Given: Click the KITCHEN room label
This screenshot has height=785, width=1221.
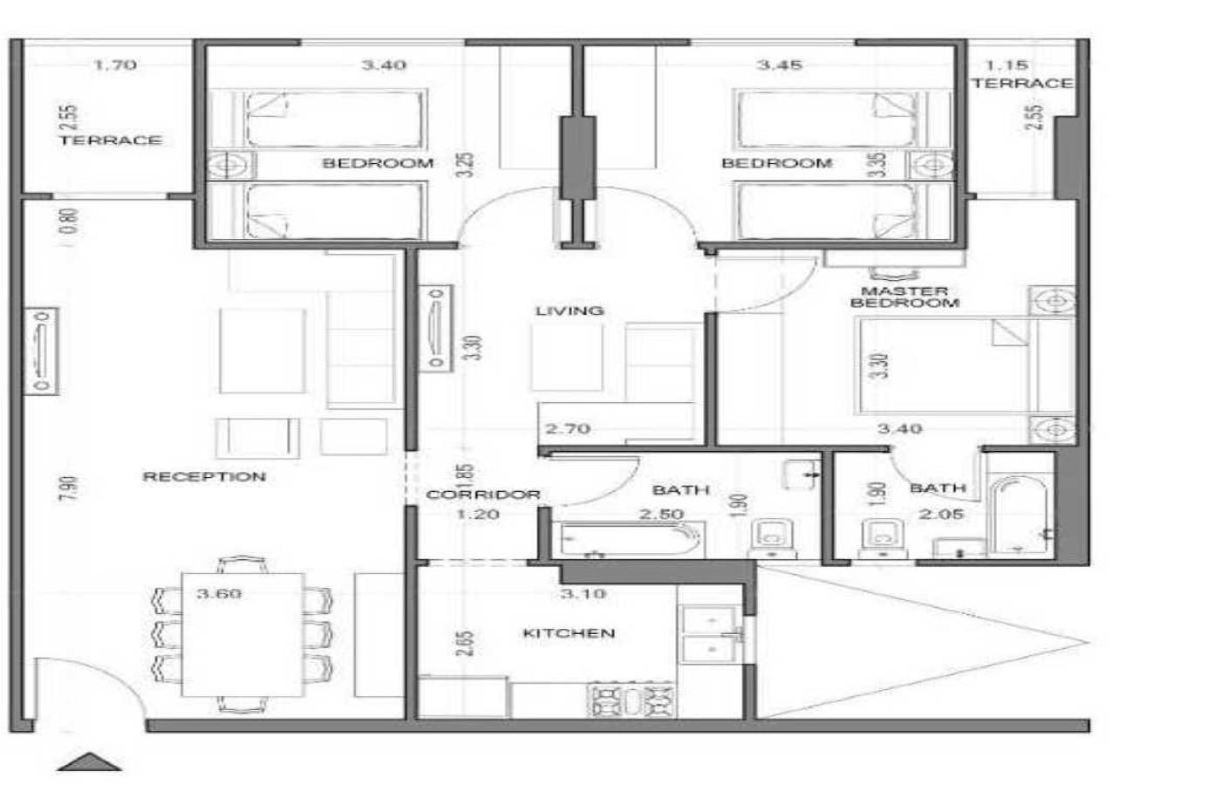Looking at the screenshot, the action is point(569,633).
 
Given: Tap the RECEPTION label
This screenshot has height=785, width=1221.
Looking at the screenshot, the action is point(204,477).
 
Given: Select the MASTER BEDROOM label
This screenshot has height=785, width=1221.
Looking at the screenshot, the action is point(905,297).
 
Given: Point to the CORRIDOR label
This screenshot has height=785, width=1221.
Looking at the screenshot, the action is point(483,495).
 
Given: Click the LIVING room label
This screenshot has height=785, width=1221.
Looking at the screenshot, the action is point(570,311).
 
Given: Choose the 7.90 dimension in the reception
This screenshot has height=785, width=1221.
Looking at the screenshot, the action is point(71,488).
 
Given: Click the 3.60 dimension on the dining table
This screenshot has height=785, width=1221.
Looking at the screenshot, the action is point(219,593).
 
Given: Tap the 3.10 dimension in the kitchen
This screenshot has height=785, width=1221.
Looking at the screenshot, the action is point(583,593).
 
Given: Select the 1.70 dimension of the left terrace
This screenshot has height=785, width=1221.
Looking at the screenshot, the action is point(115,65).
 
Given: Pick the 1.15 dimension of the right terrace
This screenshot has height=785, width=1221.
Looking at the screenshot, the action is point(1006,65).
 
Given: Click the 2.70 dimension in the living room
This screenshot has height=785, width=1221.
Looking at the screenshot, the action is point(568,428).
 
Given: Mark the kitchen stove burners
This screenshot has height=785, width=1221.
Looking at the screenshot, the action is point(632,700).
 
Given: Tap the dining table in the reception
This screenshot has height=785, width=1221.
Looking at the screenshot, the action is point(242,635).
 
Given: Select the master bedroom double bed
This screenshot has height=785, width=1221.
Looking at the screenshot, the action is point(965,365).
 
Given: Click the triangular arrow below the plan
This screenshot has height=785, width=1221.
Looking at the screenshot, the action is point(89,762).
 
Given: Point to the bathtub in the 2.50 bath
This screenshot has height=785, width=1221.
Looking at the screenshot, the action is point(631,540).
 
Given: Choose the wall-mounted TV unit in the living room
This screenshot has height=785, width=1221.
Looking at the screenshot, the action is point(435,329).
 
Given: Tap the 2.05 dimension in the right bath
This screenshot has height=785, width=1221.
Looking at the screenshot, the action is point(941,514).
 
